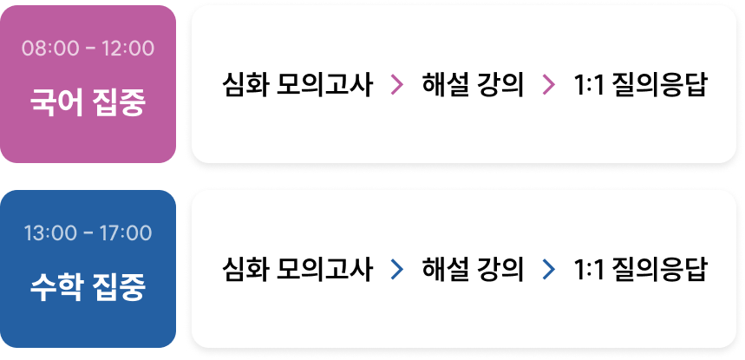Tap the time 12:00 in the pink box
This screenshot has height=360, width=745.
(x=127, y=48)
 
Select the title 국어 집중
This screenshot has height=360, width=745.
(x=88, y=101)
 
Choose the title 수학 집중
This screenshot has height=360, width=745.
(x=88, y=286)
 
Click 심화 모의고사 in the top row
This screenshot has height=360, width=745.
(x=297, y=85)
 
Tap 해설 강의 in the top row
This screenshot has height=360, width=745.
(x=473, y=85)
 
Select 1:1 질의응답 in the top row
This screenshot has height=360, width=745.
(x=641, y=85)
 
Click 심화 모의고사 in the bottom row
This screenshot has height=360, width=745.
(x=297, y=270)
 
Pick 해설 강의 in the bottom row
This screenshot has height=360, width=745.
(x=473, y=270)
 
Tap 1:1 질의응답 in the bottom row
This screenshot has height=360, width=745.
(x=641, y=270)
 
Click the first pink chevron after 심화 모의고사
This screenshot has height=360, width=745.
(x=397, y=85)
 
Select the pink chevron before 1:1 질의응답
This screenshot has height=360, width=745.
(x=548, y=85)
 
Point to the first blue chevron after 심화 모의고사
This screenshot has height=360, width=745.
(x=397, y=270)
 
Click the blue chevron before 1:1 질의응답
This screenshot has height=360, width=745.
(x=548, y=270)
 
